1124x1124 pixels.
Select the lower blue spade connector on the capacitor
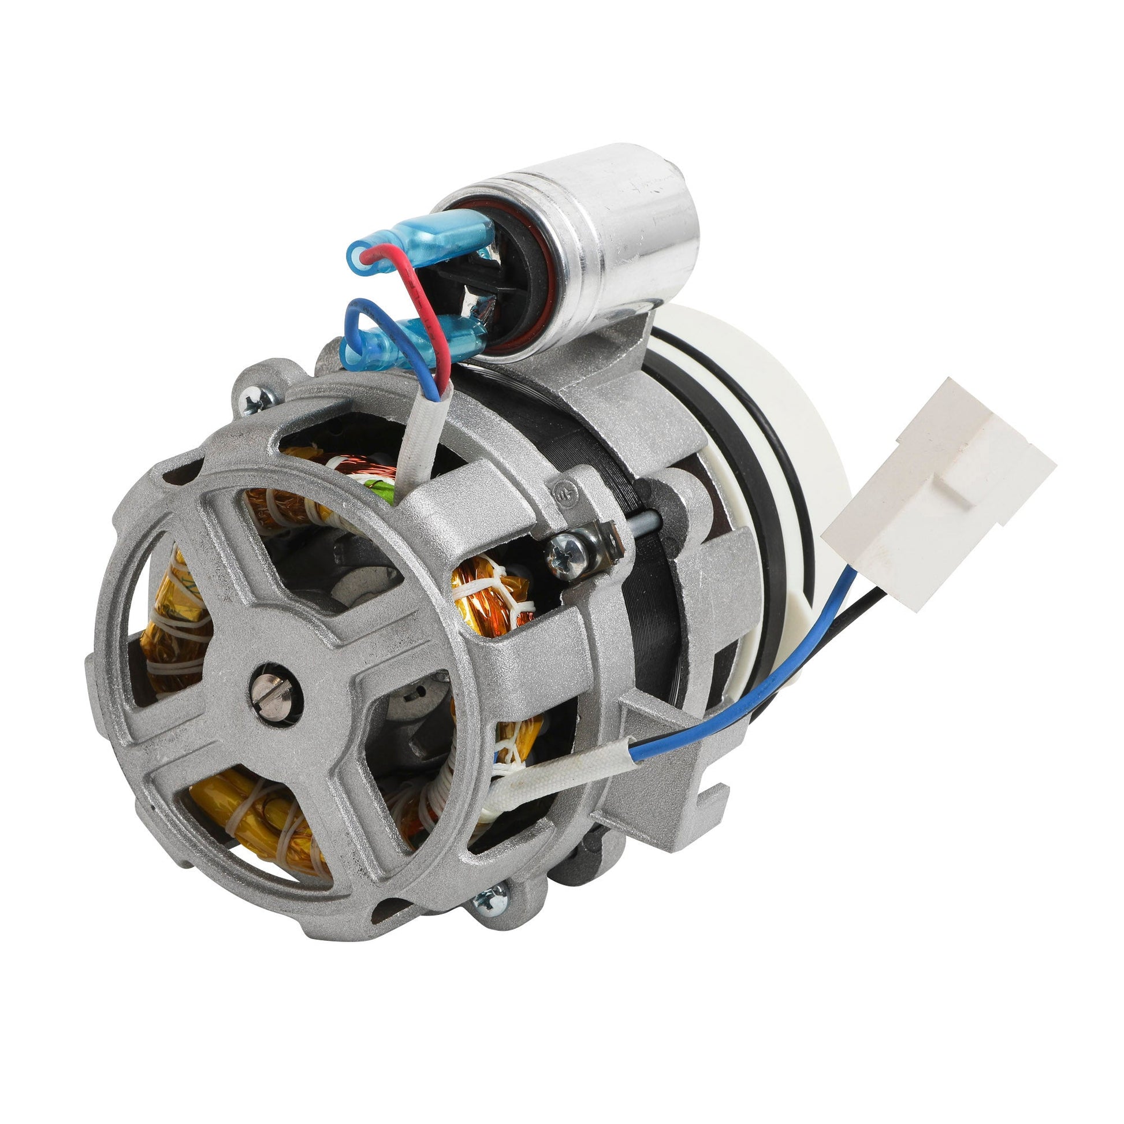coord(419,343)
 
